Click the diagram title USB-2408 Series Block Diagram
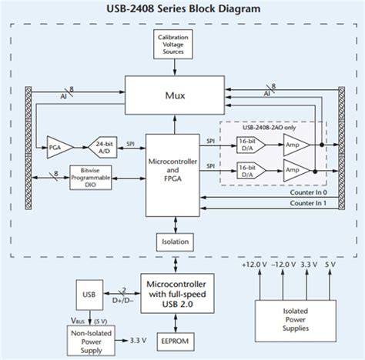182,9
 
